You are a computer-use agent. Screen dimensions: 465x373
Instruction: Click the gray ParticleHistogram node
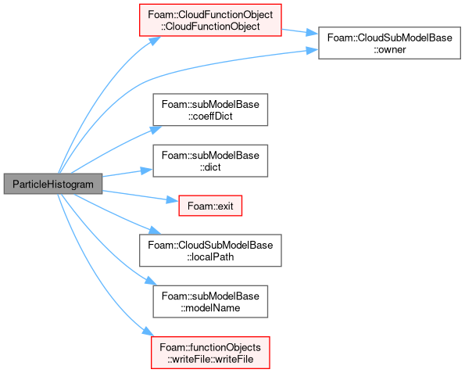[53, 184]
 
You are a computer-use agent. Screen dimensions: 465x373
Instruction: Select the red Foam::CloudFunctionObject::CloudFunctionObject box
[210, 20]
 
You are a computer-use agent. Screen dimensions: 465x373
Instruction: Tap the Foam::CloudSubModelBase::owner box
[389, 43]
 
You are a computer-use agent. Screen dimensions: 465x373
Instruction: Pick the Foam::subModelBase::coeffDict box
[210, 109]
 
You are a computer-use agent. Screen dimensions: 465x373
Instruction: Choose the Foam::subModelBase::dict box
[210, 161]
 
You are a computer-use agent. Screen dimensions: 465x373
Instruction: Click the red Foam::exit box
[210, 206]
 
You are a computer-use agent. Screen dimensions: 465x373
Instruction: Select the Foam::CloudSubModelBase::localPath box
[210, 250]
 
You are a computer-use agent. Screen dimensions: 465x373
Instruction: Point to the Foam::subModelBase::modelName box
[210, 302]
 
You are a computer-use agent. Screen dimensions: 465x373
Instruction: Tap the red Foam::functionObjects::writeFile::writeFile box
[210, 353]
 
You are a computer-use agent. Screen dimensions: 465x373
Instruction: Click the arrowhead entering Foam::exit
[173, 200]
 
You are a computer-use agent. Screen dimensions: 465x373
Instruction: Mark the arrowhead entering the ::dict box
[147, 170]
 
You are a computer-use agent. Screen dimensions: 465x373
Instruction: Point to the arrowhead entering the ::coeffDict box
[156, 130]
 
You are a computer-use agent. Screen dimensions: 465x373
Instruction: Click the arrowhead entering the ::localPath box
[155, 230]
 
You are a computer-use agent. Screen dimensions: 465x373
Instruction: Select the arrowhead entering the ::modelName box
[151, 281]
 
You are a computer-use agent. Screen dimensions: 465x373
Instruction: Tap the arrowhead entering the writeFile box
[148, 332]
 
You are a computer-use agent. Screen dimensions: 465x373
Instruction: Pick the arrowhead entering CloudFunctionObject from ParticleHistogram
[155, 41]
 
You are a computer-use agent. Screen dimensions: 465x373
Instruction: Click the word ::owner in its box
[389, 49]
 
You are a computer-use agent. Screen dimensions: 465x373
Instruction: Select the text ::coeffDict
[210, 116]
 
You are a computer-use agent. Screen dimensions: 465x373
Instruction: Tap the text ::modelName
[210, 308]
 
